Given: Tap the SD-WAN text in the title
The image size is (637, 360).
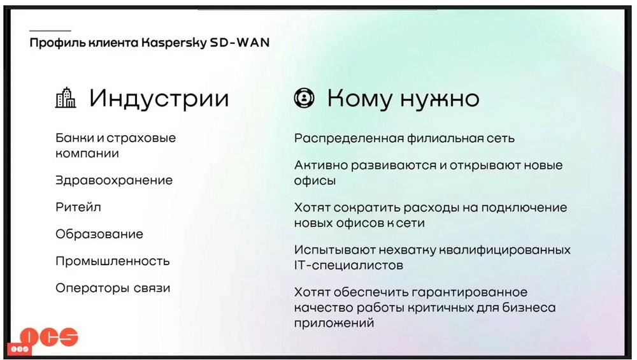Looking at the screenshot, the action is [x=240, y=42].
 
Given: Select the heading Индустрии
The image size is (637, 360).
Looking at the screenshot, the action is [x=159, y=99].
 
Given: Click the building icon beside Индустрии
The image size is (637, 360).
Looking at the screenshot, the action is [x=66, y=97].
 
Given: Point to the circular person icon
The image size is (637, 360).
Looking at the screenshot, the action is [x=304, y=98].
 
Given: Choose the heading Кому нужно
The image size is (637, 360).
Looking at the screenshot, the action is [x=403, y=99].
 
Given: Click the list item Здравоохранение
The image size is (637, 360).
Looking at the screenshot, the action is [x=114, y=180].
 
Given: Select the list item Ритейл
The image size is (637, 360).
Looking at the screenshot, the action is [x=78, y=207].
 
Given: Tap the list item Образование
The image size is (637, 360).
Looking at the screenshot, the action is [x=99, y=234].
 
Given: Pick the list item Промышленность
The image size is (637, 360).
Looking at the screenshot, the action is [x=113, y=261].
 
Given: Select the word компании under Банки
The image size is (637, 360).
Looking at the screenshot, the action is [x=87, y=154].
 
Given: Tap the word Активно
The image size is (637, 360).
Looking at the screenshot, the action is [x=320, y=165].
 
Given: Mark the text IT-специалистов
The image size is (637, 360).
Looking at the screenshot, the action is [x=348, y=265].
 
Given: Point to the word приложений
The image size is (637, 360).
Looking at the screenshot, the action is [x=334, y=324].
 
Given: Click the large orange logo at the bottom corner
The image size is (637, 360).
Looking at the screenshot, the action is [x=49, y=337].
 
